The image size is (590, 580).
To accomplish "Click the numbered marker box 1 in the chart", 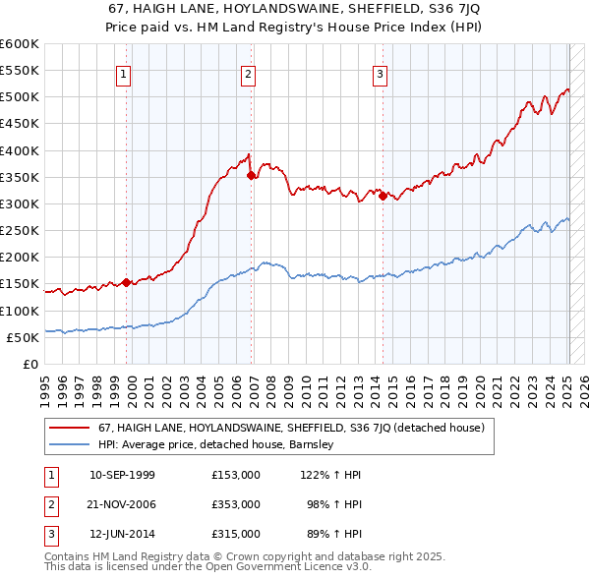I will point(125,73).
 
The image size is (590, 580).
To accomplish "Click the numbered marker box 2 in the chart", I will point(249,73).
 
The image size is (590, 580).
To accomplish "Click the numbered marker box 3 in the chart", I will point(381,73).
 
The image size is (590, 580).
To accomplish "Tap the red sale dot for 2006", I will point(251,176).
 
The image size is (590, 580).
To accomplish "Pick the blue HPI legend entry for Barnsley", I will point(216,444).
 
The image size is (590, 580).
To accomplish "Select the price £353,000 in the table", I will point(236,504).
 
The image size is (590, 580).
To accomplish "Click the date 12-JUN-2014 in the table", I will point(122,534).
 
